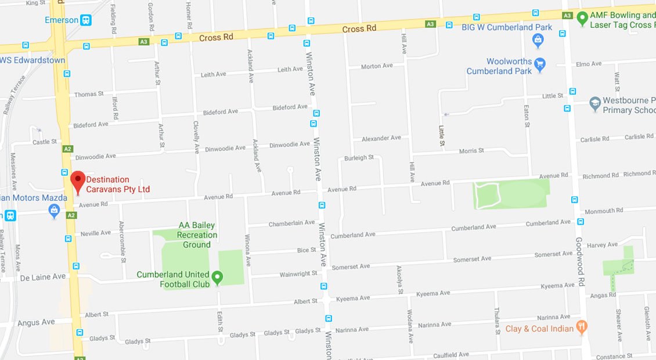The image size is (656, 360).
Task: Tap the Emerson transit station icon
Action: (86, 20)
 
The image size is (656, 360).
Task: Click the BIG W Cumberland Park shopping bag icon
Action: (538, 40)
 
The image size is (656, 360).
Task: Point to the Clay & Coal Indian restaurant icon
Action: (581, 327)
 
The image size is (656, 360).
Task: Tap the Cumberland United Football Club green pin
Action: (218, 278)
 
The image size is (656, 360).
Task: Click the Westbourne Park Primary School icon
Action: (594, 104)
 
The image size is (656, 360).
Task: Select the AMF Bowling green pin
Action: (582, 19)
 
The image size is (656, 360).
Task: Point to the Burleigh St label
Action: (359, 157)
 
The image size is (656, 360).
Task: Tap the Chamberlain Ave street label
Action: (291, 224)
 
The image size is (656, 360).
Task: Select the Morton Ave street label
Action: (377, 66)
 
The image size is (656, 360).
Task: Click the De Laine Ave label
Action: (43, 277)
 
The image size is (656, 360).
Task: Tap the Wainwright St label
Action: (298, 273)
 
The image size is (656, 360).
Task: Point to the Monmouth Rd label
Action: (604, 211)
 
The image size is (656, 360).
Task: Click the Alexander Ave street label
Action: (381, 139)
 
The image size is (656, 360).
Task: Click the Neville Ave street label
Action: (96, 233)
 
